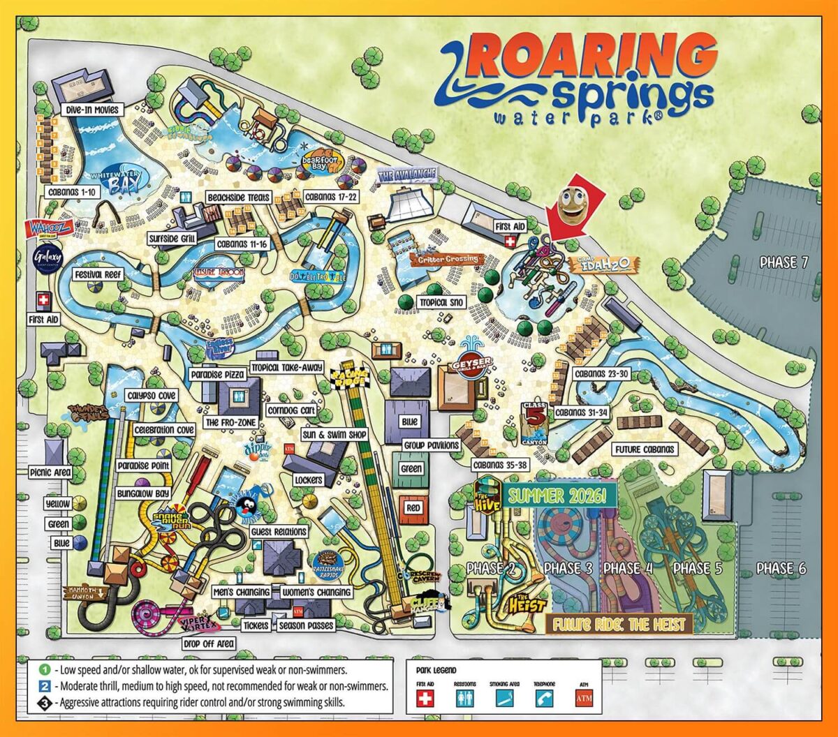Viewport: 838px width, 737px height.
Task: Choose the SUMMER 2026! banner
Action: pyautogui.click(x=561, y=496)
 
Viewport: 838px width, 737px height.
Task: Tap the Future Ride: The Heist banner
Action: pyautogui.click(x=619, y=623)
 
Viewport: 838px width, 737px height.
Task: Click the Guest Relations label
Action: pyautogui.click(x=278, y=532)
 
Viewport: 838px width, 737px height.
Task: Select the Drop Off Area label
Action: pyautogui.click(x=209, y=643)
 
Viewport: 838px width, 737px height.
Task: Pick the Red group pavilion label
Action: pyautogui.click(x=413, y=509)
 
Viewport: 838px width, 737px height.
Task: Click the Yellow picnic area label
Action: pyautogui.click(x=57, y=504)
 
